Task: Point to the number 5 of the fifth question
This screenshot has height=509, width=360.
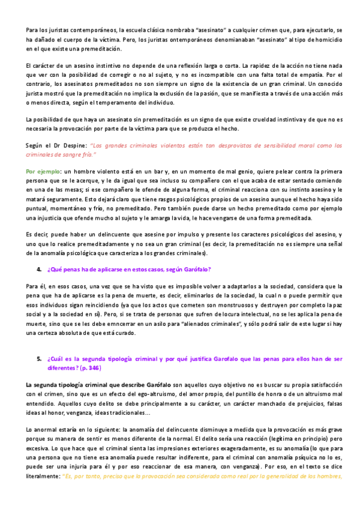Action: coord(38,358)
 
